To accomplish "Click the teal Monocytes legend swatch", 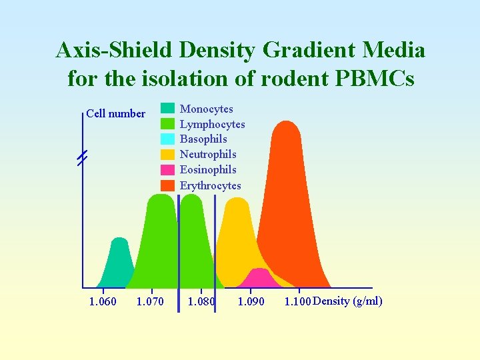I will [x=168, y=109].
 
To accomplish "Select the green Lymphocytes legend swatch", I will [x=168, y=124].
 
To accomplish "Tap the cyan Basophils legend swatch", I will [x=168, y=139].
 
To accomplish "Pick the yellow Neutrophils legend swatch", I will [x=168, y=155].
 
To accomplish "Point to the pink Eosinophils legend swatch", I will [x=168, y=170].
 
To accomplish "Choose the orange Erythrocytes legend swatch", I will [x=168, y=185].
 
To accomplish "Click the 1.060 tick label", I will [x=103, y=302].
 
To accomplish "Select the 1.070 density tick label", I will [x=150, y=302].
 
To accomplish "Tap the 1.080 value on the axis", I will [x=201, y=302].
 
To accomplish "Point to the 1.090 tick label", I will [x=251, y=302].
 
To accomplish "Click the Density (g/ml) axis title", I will [x=347, y=301].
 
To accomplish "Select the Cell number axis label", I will [x=115, y=113].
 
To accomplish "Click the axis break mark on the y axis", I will [x=82, y=159].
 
